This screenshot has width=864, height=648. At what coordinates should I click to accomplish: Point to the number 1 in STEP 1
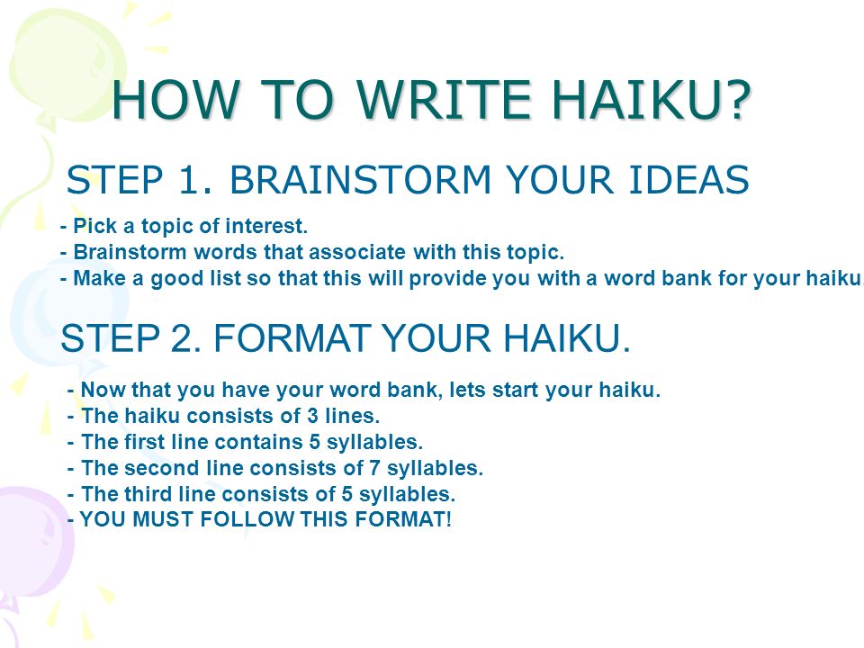[x=189, y=180]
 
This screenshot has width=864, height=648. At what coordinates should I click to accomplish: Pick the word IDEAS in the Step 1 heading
[x=688, y=180]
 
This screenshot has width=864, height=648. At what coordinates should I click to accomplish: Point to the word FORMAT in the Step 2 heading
[x=292, y=337]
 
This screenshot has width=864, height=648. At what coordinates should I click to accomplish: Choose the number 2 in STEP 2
[x=180, y=337]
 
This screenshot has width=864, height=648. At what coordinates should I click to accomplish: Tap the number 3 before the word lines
[x=312, y=416]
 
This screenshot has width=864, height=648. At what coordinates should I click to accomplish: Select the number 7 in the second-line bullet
[x=374, y=468]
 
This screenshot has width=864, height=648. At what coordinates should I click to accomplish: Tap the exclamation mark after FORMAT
[x=448, y=519]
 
